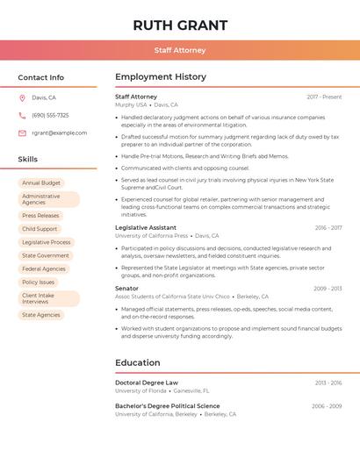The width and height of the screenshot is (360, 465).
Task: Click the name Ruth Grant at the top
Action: pos(180,25)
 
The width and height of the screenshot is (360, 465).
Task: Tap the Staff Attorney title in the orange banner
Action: pos(180,51)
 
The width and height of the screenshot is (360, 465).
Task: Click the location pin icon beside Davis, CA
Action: pos(22,98)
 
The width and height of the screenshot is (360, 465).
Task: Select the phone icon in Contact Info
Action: pos(22,115)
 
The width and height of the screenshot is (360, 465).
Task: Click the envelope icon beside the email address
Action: pos(22,133)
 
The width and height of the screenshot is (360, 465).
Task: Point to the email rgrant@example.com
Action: pos(59,133)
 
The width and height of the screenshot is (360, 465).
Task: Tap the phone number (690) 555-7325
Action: pos(50,115)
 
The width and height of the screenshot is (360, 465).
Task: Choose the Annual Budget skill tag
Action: pos(41,182)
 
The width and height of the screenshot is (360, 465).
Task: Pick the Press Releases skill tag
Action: pos(41,215)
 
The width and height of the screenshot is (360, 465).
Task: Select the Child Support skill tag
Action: pos(40,229)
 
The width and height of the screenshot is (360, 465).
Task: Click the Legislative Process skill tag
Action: pos(47,242)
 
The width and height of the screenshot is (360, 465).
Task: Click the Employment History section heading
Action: pos(161,77)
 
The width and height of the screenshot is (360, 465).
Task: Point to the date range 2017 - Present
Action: pos(324,97)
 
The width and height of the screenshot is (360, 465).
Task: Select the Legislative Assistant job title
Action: pos(146,227)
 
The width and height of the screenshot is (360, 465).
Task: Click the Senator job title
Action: pos(126,288)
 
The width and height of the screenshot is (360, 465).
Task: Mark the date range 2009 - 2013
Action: pos(328,289)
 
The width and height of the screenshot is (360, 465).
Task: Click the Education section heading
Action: pos(138,362)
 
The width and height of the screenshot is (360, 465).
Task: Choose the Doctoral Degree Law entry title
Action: pos(147,383)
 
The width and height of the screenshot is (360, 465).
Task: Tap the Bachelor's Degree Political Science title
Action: pos(168,406)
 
